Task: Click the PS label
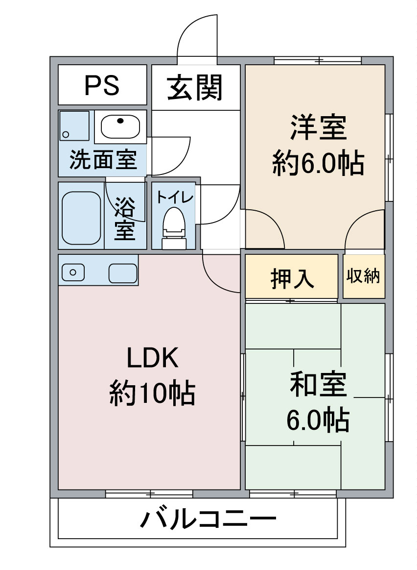(x=102, y=85)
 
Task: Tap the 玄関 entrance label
(x=195, y=87)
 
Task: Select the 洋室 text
(x=318, y=127)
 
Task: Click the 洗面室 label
(x=103, y=160)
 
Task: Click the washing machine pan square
(x=74, y=126)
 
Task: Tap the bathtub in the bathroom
(x=81, y=218)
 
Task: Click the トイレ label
(x=175, y=198)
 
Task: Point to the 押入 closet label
(x=292, y=279)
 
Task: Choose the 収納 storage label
(x=363, y=276)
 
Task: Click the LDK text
(x=152, y=358)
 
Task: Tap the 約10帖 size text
(x=152, y=393)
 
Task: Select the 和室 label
(x=318, y=384)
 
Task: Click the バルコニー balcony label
(x=208, y=519)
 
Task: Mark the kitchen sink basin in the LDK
(x=123, y=273)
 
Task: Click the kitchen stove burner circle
(x=73, y=273)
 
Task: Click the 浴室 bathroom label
(x=125, y=219)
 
